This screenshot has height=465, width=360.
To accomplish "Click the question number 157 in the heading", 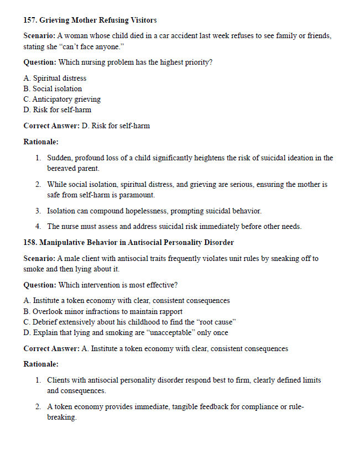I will (30, 20).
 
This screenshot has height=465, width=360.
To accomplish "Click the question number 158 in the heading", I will (30, 243).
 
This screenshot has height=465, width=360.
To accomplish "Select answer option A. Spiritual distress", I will (55, 79).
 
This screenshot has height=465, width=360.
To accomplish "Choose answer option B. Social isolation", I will (53, 89).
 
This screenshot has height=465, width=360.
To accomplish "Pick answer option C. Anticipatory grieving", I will (62, 100).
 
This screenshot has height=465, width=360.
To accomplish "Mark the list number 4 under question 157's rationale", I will (38, 227).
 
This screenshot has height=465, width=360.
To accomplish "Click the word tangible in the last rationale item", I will (192, 407).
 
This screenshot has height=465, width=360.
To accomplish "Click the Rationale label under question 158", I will (41, 364).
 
